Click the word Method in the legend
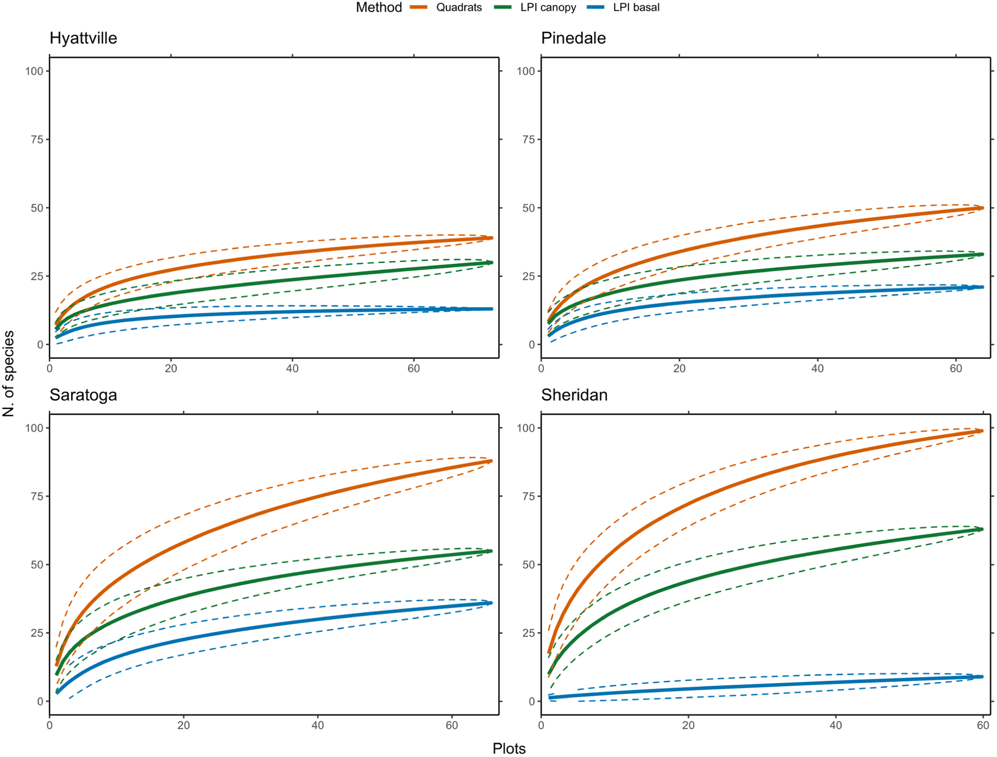pos(378,8)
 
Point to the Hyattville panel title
pos(83,38)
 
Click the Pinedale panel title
pos(573,38)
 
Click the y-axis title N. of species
pos(9,373)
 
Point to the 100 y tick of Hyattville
pos(34,71)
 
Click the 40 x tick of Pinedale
pos(817,369)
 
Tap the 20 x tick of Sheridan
pos(688,725)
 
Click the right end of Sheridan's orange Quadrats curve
pos(982,431)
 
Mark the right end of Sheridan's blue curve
pos(982,677)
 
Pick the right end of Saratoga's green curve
pos(491,551)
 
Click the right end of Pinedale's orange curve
pos(983,208)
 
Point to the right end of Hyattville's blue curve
pos(492,309)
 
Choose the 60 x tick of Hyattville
pos(413,369)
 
